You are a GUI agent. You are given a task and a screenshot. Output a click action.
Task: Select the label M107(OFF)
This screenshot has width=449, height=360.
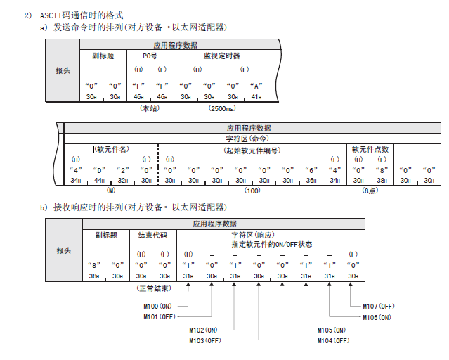(x=378, y=306)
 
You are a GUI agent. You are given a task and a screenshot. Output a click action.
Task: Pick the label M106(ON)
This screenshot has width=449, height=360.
(x=378, y=316)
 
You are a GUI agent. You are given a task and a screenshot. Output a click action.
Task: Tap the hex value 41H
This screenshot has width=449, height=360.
(x=256, y=96)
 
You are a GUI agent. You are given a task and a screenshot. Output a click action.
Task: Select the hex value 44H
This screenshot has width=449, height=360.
(x=99, y=181)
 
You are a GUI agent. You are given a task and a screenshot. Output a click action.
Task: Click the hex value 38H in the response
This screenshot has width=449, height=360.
(x=93, y=276)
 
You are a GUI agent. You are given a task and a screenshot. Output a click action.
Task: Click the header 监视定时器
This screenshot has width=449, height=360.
(x=221, y=56)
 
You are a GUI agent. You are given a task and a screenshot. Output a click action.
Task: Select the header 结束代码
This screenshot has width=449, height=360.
(x=152, y=235)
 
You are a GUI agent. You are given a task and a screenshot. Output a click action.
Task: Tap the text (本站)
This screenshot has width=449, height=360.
(x=150, y=109)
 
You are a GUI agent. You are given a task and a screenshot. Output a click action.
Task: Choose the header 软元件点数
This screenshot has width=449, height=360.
(x=370, y=149)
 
